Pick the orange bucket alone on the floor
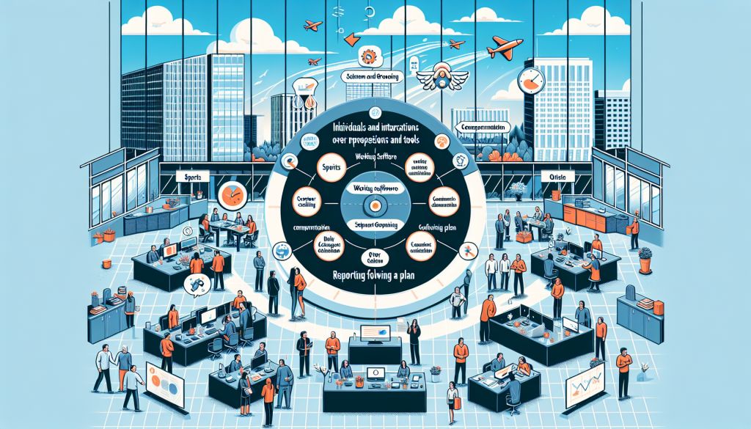pos(109,235)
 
